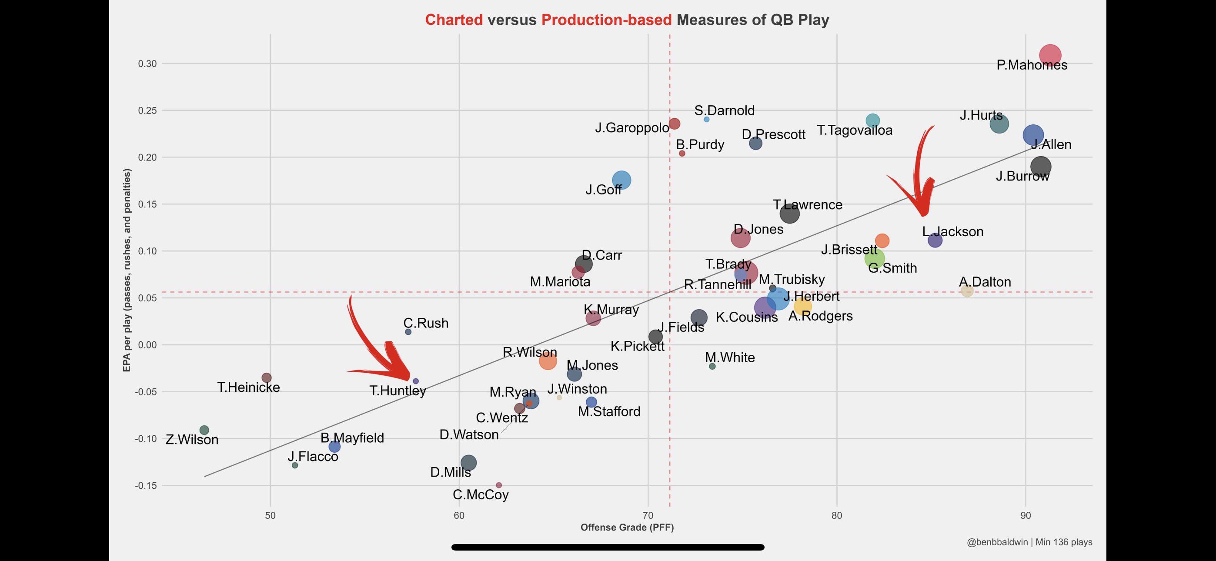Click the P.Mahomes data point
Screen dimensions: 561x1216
pos(1049,55)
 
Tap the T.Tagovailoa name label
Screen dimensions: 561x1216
pos(855,130)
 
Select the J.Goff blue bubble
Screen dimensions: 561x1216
pos(621,180)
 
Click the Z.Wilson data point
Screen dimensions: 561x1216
pos(204,430)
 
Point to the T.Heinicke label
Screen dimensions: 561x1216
pos(248,387)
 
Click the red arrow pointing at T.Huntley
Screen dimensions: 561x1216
pos(377,350)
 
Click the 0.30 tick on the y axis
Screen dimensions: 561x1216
pos(147,64)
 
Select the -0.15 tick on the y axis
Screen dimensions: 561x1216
pos(146,485)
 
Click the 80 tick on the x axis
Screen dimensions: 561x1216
pos(836,515)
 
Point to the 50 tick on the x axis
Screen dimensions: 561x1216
pos(270,515)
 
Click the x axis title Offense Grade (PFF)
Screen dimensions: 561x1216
pos(627,528)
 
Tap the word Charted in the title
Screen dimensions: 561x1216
pos(454,20)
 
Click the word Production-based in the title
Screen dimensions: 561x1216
pos(606,20)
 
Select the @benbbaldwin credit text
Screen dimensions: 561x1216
pos(996,542)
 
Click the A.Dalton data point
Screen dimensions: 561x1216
pos(967,291)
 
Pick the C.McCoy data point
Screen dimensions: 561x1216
pos(498,485)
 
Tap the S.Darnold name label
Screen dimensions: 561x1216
pos(724,110)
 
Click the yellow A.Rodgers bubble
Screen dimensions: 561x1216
pos(802,307)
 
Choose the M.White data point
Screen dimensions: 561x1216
pos(712,367)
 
